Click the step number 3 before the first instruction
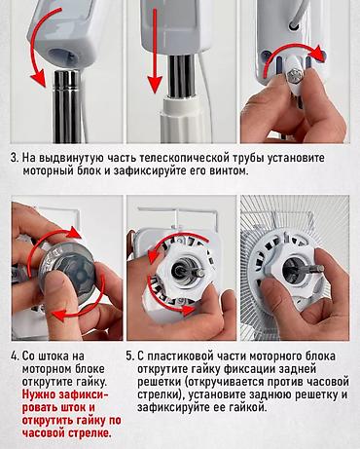[x=14, y=155]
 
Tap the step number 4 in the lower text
[x=14, y=357]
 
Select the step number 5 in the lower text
[x=130, y=357]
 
